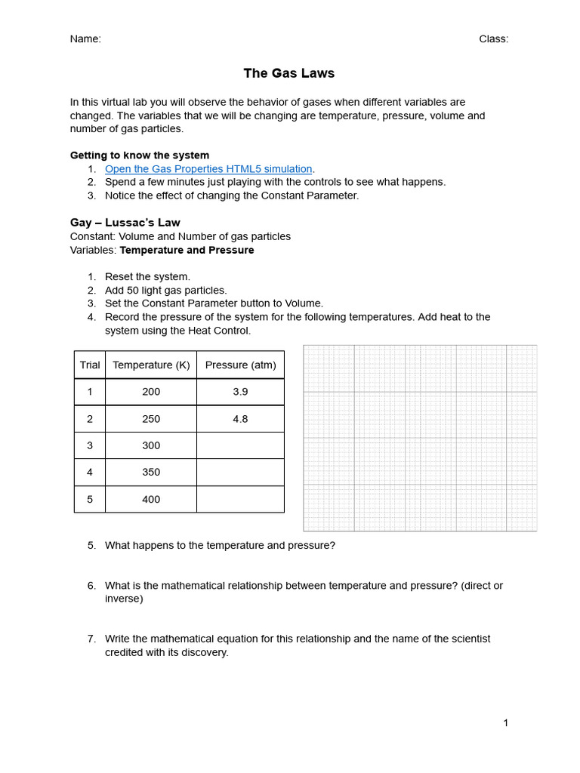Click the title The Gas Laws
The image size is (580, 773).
click(288, 73)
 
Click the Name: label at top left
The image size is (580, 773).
click(85, 39)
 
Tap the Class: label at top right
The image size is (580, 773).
click(493, 39)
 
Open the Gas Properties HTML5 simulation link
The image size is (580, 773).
click(208, 169)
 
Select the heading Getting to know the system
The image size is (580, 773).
click(140, 156)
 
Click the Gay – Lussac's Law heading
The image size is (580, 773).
click(125, 223)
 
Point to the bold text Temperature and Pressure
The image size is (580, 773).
click(187, 250)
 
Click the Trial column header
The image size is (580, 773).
click(90, 365)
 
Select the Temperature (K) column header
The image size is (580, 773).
click(151, 365)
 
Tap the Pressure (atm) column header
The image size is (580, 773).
click(240, 365)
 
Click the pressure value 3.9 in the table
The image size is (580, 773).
click(240, 392)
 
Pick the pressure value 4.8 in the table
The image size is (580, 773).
click(240, 419)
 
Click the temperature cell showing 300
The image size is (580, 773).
click(151, 445)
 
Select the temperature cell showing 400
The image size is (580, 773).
click(151, 499)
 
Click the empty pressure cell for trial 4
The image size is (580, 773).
click(240, 472)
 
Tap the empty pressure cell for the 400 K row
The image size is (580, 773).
click(240, 499)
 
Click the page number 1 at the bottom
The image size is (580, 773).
click(505, 723)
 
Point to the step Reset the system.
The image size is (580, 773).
click(147, 277)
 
